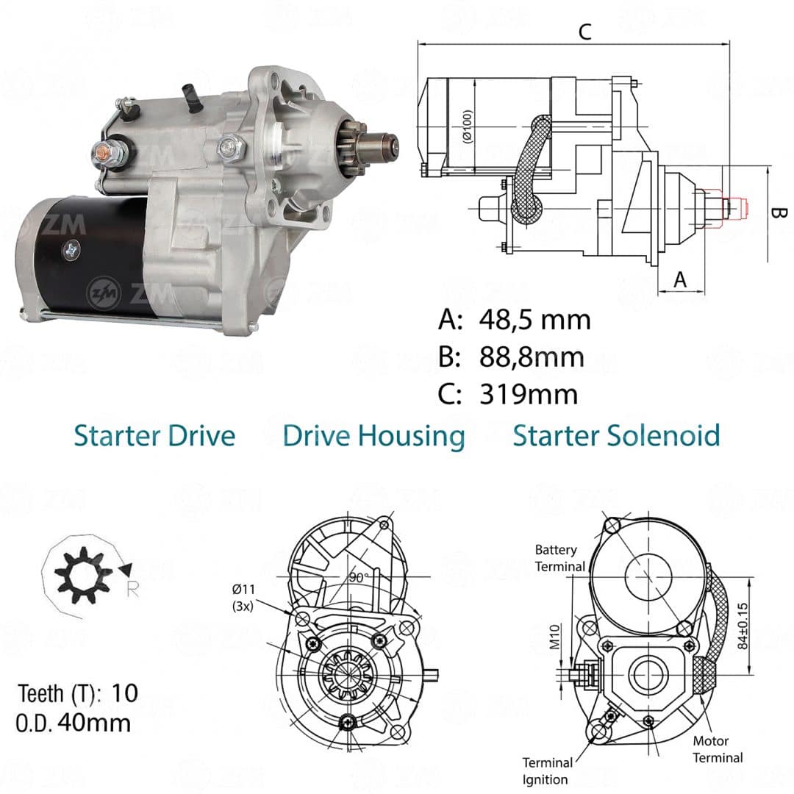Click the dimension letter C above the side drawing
(x=585, y=32)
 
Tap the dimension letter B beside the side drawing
(x=779, y=212)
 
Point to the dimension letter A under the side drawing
(x=680, y=279)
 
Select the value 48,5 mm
(x=534, y=320)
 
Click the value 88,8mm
(x=532, y=357)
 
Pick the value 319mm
(x=529, y=394)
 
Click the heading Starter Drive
(x=154, y=435)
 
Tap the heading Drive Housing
(x=373, y=437)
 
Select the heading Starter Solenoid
(x=616, y=435)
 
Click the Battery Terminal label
(x=559, y=558)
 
